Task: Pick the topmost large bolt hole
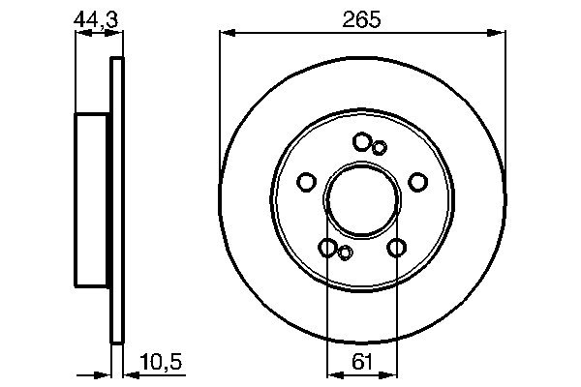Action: (x=362, y=142)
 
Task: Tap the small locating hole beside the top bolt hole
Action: (x=380, y=147)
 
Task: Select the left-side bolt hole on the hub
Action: (x=306, y=182)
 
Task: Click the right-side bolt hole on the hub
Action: (x=418, y=182)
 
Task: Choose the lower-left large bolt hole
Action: (x=328, y=248)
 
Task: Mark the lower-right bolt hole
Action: (x=396, y=248)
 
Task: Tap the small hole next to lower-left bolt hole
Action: (x=345, y=253)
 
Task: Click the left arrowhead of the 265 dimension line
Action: (x=226, y=32)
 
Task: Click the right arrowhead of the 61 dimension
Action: (x=392, y=372)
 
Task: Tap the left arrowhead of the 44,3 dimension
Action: (x=80, y=32)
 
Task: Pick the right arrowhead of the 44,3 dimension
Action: (x=119, y=32)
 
